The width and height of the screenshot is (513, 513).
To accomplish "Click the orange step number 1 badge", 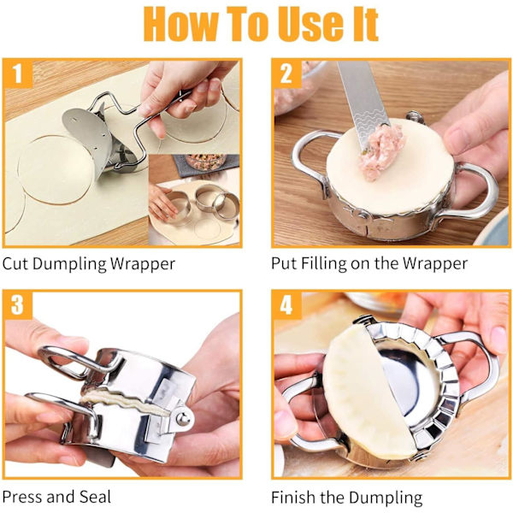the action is [x=18, y=74].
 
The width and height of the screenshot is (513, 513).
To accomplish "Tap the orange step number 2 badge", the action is [x=286, y=74].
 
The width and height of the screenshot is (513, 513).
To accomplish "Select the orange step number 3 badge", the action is [x=18, y=304].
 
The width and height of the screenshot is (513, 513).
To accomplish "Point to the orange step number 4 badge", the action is [x=286, y=304].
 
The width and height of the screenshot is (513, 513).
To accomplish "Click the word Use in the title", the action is [x=312, y=24].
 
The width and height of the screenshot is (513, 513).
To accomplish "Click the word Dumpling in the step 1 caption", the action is [x=69, y=264].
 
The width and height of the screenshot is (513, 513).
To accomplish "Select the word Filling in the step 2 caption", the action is [x=323, y=263].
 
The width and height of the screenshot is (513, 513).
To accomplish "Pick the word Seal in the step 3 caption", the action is [x=95, y=496].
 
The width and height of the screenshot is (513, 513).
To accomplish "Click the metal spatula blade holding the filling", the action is [x=364, y=104].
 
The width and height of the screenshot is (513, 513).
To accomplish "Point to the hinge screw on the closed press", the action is [x=182, y=418].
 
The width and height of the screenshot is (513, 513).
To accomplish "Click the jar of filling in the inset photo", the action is [x=206, y=162].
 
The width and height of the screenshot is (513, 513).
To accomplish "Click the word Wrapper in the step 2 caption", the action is [x=435, y=264].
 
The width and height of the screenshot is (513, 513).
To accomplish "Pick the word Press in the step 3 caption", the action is [x=23, y=496].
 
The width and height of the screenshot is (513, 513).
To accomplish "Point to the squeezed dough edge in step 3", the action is [x=124, y=401].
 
